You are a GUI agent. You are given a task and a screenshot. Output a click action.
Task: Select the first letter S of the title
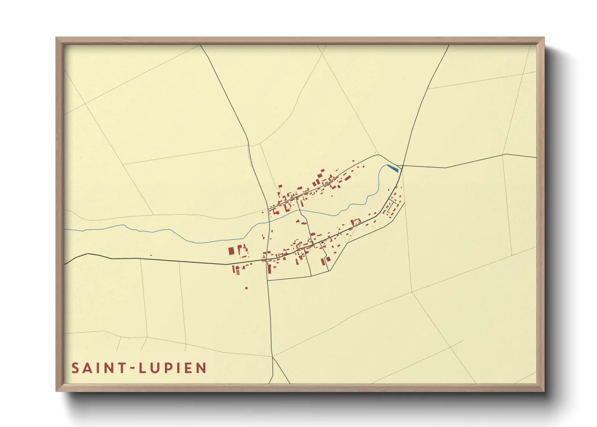coord(75,368)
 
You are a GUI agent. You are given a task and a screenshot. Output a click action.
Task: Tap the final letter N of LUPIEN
coord(201,368)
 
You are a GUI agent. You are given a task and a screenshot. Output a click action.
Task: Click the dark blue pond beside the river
coord(392,168)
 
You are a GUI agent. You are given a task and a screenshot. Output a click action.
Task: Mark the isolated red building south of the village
coord(246,288)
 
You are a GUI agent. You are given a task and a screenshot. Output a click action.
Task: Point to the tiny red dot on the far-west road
coord(150,255)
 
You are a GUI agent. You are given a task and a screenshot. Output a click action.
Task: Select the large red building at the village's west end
coord(231,251)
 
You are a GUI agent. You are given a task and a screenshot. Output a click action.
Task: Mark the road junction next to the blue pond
coord(402,165)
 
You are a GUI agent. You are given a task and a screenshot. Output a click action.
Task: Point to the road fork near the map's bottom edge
coord(272,357)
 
